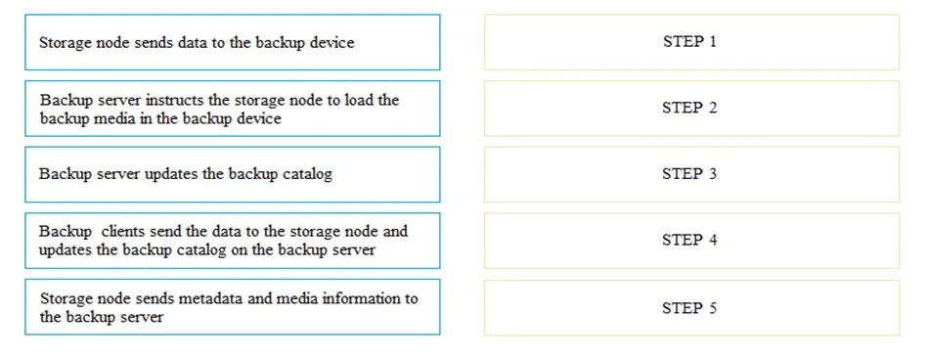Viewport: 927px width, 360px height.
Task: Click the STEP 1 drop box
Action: [690, 42]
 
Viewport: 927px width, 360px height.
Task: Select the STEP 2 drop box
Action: [690, 108]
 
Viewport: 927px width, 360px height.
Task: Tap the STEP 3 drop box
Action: [690, 174]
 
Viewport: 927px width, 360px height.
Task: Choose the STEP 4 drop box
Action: [690, 240]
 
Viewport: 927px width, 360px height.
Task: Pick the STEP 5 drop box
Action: [690, 307]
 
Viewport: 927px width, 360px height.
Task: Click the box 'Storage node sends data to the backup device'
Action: [233, 42]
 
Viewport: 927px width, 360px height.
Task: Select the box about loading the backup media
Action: [233, 109]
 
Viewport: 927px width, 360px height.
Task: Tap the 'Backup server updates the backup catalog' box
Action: [233, 174]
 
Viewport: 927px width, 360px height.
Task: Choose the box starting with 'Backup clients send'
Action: [233, 241]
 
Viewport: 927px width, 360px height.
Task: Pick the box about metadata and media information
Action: [233, 307]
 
